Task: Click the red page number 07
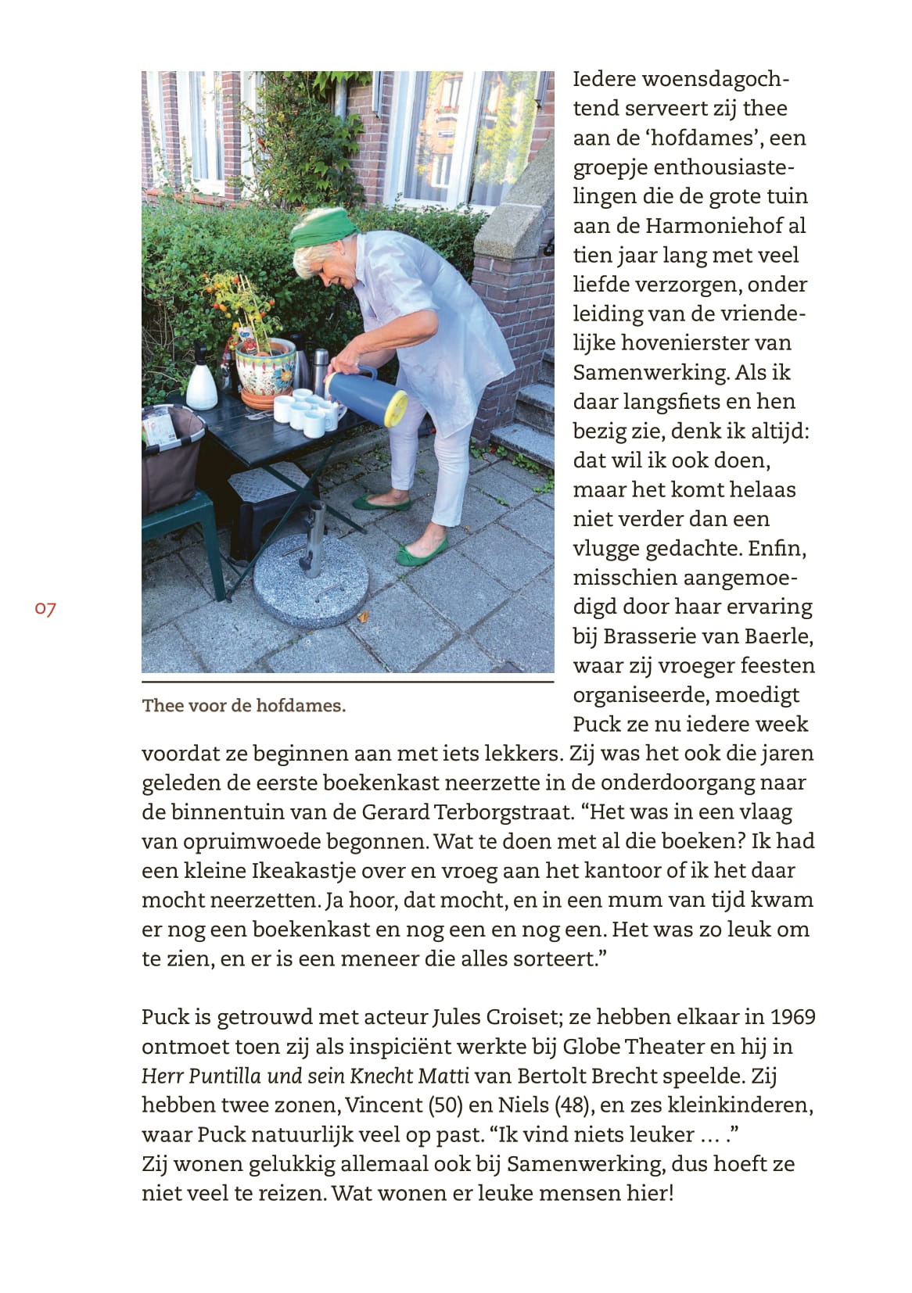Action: click(45, 609)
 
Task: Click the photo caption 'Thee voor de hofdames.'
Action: click(243, 706)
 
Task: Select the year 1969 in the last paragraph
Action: click(792, 1017)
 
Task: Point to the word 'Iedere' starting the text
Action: click(603, 79)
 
